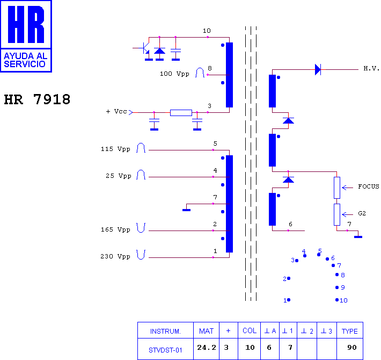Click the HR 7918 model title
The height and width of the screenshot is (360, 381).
point(37,99)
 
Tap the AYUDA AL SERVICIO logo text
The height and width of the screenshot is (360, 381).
point(26,60)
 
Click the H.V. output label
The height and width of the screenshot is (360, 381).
point(371,68)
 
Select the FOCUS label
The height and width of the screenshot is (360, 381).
point(368,186)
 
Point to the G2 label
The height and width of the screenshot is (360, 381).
point(362,213)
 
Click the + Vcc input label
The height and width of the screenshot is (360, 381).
point(116,111)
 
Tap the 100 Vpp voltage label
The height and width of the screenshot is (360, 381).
point(174,74)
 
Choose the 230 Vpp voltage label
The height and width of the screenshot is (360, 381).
point(115,256)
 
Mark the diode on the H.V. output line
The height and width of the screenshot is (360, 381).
point(318,69)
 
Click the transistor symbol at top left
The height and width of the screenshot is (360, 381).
point(145,48)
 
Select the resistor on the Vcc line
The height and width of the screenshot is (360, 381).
point(181,113)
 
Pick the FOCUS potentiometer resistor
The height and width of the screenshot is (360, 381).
point(337,188)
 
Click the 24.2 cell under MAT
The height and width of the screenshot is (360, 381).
point(207,347)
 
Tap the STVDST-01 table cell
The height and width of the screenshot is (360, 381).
point(165,350)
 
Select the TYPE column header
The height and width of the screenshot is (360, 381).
point(350,331)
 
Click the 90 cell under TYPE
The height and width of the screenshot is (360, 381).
point(352,347)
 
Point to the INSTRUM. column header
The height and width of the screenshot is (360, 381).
point(165,331)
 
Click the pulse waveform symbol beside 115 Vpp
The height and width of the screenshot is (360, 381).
point(141,148)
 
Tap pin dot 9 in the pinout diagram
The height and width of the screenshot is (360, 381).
point(337,287)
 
